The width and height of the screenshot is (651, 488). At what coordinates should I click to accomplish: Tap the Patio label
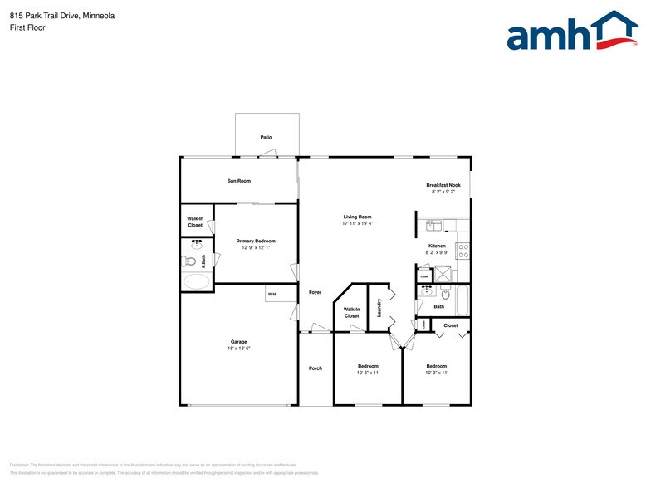(x=266, y=137)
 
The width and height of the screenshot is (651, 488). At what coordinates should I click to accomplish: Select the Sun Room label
(x=239, y=180)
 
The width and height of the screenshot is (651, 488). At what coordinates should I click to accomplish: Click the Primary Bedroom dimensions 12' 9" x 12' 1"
(x=256, y=247)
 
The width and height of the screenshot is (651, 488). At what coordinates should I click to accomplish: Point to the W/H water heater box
(x=272, y=294)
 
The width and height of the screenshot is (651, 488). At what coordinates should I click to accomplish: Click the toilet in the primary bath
(x=190, y=261)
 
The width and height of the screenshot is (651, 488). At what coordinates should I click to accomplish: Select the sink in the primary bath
(x=198, y=245)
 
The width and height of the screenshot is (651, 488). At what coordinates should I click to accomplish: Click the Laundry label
(x=379, y=308)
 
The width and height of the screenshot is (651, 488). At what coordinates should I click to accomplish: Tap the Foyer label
(x=316, y=292)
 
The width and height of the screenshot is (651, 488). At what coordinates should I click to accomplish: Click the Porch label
(x=316, y=368)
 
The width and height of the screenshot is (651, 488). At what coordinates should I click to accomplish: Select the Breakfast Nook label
(x=443, y=185)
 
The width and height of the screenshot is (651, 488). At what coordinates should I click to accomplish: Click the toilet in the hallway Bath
(x=445, y=292)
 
